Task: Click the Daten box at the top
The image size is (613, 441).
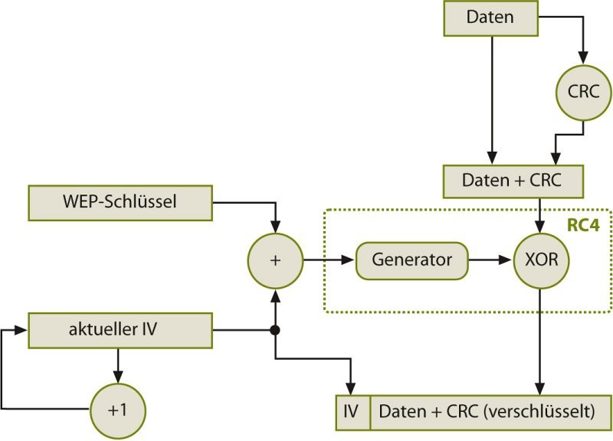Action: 490,18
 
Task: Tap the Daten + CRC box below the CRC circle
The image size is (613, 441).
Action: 513,181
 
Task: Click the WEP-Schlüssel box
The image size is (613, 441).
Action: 119,201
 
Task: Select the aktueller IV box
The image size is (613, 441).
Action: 119,329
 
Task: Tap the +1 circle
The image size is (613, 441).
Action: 117,409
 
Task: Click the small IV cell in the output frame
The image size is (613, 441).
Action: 352,411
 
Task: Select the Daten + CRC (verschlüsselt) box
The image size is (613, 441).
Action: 491,411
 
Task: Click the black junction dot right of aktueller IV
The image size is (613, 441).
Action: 275,330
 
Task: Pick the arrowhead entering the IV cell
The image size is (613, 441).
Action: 352,389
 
